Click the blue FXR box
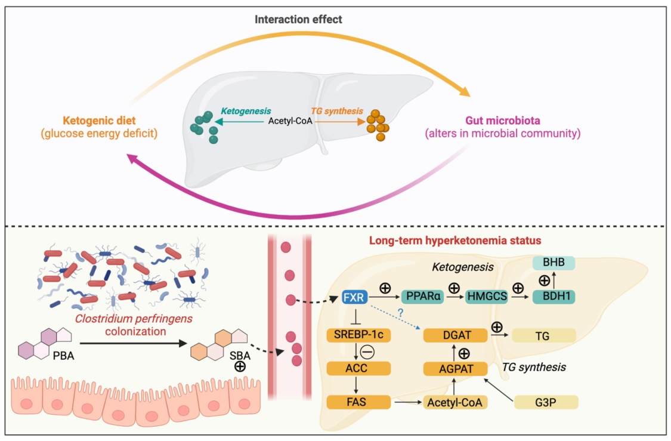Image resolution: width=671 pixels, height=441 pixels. (354, 297)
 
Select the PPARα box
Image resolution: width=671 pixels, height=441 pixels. (422, 296)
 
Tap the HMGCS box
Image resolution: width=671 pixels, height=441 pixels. (487, 296)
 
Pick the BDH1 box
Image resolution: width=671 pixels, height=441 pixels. (554, 296)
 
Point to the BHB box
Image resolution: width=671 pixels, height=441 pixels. (554, 263)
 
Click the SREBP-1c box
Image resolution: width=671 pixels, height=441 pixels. (358, 335)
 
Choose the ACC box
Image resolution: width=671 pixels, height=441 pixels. (358, 368)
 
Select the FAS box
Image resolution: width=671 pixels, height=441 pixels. (358, 402)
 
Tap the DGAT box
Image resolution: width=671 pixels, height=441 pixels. (455, 335)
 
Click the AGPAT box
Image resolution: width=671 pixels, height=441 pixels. (455, 369)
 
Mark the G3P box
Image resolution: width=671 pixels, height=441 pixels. (546, 402)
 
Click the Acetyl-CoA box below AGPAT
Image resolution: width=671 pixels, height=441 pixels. (455, 402)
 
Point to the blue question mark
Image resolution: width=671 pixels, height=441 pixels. (401, 313)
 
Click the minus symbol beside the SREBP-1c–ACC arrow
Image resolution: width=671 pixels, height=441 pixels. (367, 352)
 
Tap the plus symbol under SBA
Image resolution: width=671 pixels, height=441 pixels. (240, 366)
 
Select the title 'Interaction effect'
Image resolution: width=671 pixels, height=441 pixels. (298, 19)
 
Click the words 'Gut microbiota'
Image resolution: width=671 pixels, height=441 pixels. (503, 121)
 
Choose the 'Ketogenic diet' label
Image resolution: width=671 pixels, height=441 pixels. (99, 121)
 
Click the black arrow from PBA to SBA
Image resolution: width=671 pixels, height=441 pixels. (134, 343)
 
